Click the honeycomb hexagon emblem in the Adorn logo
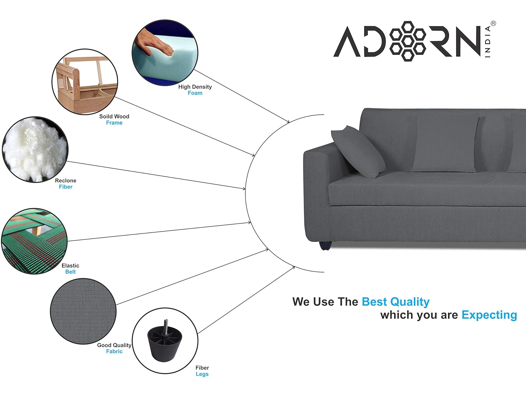click(x=407, y=41)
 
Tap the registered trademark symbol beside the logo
click(x=493, y=24)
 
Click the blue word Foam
click(x=195, y=93)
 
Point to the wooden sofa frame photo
click(x=85, y=82)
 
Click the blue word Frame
click(x=114, y=123)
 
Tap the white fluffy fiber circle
click(x=35, y=150)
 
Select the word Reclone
click(x=66, y=181)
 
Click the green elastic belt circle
click(x=34, y=241)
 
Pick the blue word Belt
click(x=70, y=272)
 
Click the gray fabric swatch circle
click(x=83, y=311)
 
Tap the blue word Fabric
click(x=114, y=351)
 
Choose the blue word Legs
click(x=202, y=374)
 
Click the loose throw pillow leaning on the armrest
click(x=358, y=152)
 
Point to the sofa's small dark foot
click(x=325, y=246)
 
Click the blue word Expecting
click(x=489, y=315)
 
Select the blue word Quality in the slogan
click(x=410, y=302)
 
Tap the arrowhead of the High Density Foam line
click(x=288, y=122)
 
